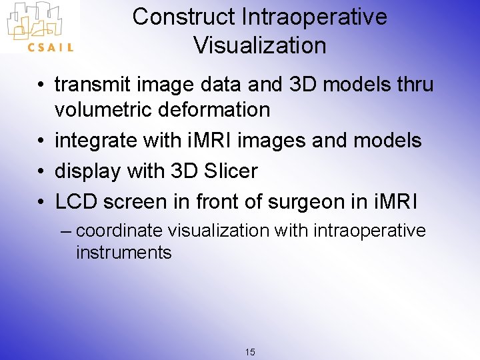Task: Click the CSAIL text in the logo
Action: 50,47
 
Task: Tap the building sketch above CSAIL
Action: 39,20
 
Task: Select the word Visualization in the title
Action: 259,45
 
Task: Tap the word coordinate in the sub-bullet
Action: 119,231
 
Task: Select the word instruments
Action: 123,253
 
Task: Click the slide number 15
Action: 250,352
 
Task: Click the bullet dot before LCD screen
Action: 42,201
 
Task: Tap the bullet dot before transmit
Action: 42,85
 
